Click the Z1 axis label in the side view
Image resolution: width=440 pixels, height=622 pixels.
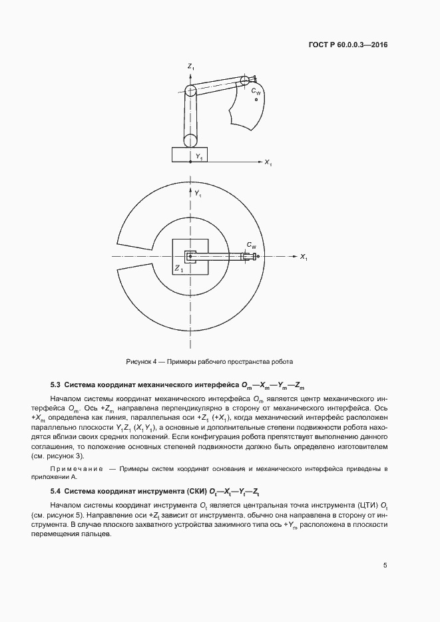click(190, 67)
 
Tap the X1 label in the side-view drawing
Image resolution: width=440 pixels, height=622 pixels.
click(268, 162)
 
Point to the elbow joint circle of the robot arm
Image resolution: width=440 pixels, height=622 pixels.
click(190, 91)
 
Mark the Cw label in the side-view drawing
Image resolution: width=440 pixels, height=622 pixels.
click(256, 92)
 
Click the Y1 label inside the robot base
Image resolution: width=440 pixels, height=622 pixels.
click(199, 156)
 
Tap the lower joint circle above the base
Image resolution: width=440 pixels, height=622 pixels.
click(190, 140)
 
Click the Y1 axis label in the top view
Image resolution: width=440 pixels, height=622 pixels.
click(198, 194)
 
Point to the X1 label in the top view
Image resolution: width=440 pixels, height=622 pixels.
click(303, 257)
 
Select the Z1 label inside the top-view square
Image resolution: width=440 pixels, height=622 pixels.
click(178, 268)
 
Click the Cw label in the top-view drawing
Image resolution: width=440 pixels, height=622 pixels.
click(251, 245)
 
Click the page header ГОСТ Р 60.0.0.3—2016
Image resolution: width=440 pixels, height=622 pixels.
click(347, 45)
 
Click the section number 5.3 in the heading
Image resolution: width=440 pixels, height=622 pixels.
click(56, 385)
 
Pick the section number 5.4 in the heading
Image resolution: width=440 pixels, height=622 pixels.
click(56, 492)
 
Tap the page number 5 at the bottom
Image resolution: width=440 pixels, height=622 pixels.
click(385, 565)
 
